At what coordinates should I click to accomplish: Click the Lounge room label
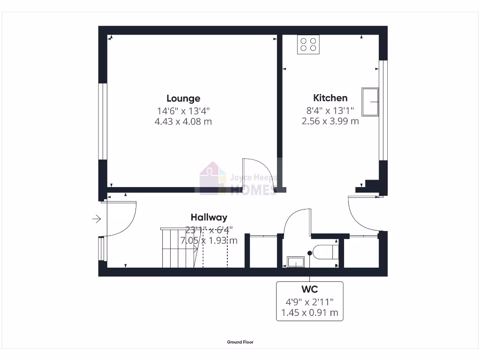point(183,98)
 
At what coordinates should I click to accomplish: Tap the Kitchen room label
point(330,98)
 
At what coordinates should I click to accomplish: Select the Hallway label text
point(209,217)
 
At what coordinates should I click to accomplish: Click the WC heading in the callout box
point(309,289)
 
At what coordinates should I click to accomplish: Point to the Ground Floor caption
point(240,342)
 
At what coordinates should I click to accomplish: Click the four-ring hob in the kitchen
point(308,45)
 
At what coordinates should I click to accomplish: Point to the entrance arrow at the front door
point(97,218)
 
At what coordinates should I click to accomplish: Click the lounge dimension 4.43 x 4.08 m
point(183,121)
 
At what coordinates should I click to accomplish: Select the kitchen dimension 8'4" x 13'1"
point(330,111)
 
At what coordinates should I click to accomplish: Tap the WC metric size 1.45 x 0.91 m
point(309,312)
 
